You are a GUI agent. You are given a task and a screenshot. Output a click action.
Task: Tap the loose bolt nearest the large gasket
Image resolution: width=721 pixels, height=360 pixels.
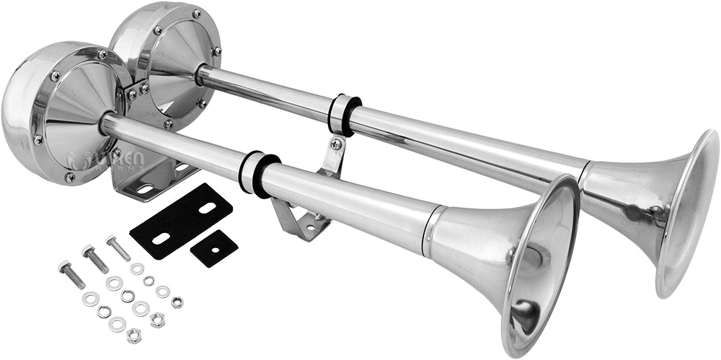(x=118, y=247)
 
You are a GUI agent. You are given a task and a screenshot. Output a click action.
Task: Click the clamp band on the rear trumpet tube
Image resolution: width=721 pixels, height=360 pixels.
(x=345, y=114)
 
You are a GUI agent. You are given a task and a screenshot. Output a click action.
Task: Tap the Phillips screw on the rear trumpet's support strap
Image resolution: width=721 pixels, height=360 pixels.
(x=336, y=145)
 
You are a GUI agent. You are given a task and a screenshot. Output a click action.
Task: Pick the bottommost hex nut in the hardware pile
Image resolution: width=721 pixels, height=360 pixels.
(x=133, y=335)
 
